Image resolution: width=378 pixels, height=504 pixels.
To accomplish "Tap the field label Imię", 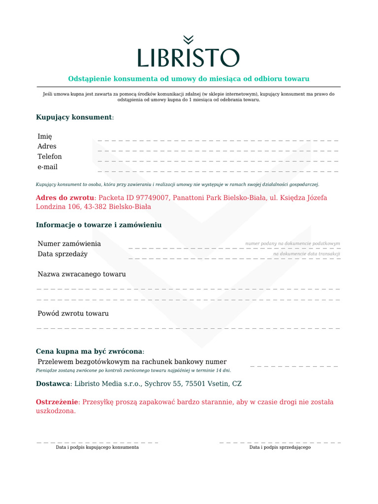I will pos(45,136).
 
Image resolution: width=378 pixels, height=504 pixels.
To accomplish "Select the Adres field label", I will pos(47,146).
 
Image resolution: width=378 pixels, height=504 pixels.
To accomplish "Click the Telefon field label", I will pos(50,157).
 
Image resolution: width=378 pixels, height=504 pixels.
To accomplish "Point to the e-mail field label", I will pos(48,167).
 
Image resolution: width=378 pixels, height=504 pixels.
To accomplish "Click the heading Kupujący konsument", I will pos(74,117).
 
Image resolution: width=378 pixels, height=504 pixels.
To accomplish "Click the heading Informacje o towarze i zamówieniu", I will pos(99,225).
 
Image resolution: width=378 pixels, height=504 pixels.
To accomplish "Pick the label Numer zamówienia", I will pos(69,244).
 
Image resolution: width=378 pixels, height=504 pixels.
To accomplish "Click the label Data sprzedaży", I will pos(63,254).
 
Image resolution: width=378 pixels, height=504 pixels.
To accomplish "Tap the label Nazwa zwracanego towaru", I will pos(82,274).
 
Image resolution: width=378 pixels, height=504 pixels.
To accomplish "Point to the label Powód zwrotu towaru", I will pos(73,314).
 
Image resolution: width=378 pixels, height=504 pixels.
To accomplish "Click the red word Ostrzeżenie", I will pos(57,402).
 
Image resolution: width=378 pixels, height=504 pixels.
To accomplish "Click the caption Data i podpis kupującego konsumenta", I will pos(97,447).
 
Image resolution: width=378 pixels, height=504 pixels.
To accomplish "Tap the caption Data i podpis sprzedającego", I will pos(280,447).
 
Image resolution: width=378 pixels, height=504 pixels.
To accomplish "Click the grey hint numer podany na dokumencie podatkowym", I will pos(293,244).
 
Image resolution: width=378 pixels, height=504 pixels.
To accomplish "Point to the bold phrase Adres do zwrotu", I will pos(64,197).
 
